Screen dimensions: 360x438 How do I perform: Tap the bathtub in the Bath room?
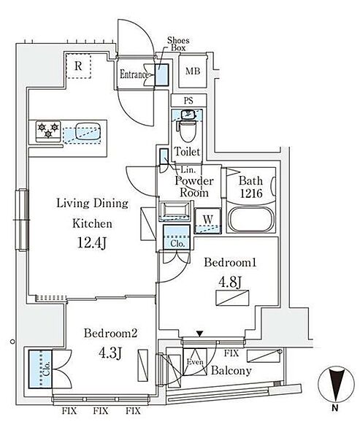click(250, 219)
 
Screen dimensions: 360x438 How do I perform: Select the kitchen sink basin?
click(88, 131)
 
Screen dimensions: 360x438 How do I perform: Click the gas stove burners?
click(48, 131)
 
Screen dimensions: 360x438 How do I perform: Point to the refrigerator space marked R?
click(79, 66)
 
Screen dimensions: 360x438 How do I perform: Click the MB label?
click(193, 72)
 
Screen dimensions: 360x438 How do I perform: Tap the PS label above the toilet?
click(188, 100)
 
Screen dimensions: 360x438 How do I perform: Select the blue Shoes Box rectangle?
click(162, 75)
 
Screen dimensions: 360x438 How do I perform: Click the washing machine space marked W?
click(208, 220)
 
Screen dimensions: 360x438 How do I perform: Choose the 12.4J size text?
click(92, 243)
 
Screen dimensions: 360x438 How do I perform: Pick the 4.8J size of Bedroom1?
click(230, 283)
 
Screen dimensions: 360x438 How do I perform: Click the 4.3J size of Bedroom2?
click(110, 353)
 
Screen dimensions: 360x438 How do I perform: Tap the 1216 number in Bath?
click(251, 193)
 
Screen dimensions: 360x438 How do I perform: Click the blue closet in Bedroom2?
click(40, 368)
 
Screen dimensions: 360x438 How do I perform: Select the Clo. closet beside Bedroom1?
click(177, 237)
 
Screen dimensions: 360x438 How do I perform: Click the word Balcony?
click(231, 371)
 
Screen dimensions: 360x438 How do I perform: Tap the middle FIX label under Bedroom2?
click(101, 411)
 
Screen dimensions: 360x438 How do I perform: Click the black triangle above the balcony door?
click(199, 334)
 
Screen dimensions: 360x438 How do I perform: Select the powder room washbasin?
click(175, 211)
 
